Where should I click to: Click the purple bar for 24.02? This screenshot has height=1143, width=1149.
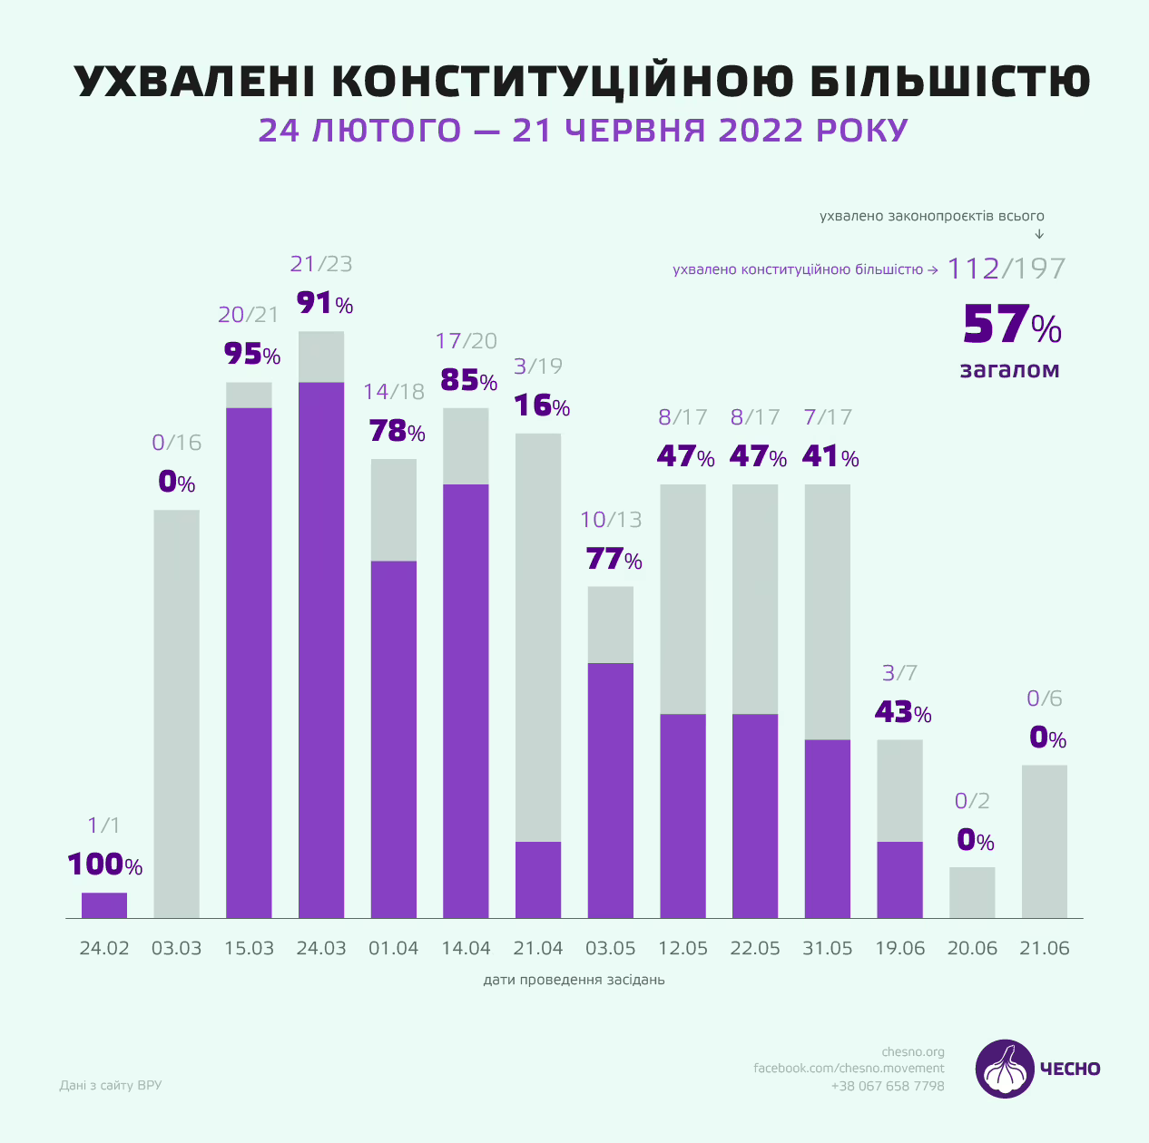coord(104,905)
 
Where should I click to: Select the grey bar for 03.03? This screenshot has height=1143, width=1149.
coord(176,714)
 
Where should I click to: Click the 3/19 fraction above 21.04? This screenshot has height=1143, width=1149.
coord(538,366)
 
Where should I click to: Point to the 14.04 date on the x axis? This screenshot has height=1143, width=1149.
coord(466,949)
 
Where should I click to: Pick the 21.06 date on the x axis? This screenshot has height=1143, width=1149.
coord(1045,949)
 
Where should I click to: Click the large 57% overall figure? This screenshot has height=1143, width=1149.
coord(1011,326)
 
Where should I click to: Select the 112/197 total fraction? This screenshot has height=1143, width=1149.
coord(1007,269)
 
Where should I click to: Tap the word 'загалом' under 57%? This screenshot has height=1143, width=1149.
coord(1010,370)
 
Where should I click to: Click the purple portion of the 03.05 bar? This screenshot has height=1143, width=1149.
coord(611,790)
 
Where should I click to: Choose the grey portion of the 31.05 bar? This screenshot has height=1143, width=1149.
coord(828,611)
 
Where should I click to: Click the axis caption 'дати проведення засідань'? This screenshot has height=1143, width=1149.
coord(574,981)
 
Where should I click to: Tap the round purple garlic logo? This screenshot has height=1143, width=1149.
coord(1005,1069)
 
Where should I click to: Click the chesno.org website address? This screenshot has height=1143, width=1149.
coord(913,1052)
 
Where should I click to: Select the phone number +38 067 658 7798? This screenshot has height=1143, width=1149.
coord(888,1086)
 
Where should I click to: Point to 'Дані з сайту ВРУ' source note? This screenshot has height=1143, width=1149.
coord(111,1085)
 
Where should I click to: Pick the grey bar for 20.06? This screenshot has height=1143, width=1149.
coord(972,893)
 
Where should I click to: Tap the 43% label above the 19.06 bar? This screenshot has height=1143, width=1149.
coord(903,713)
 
